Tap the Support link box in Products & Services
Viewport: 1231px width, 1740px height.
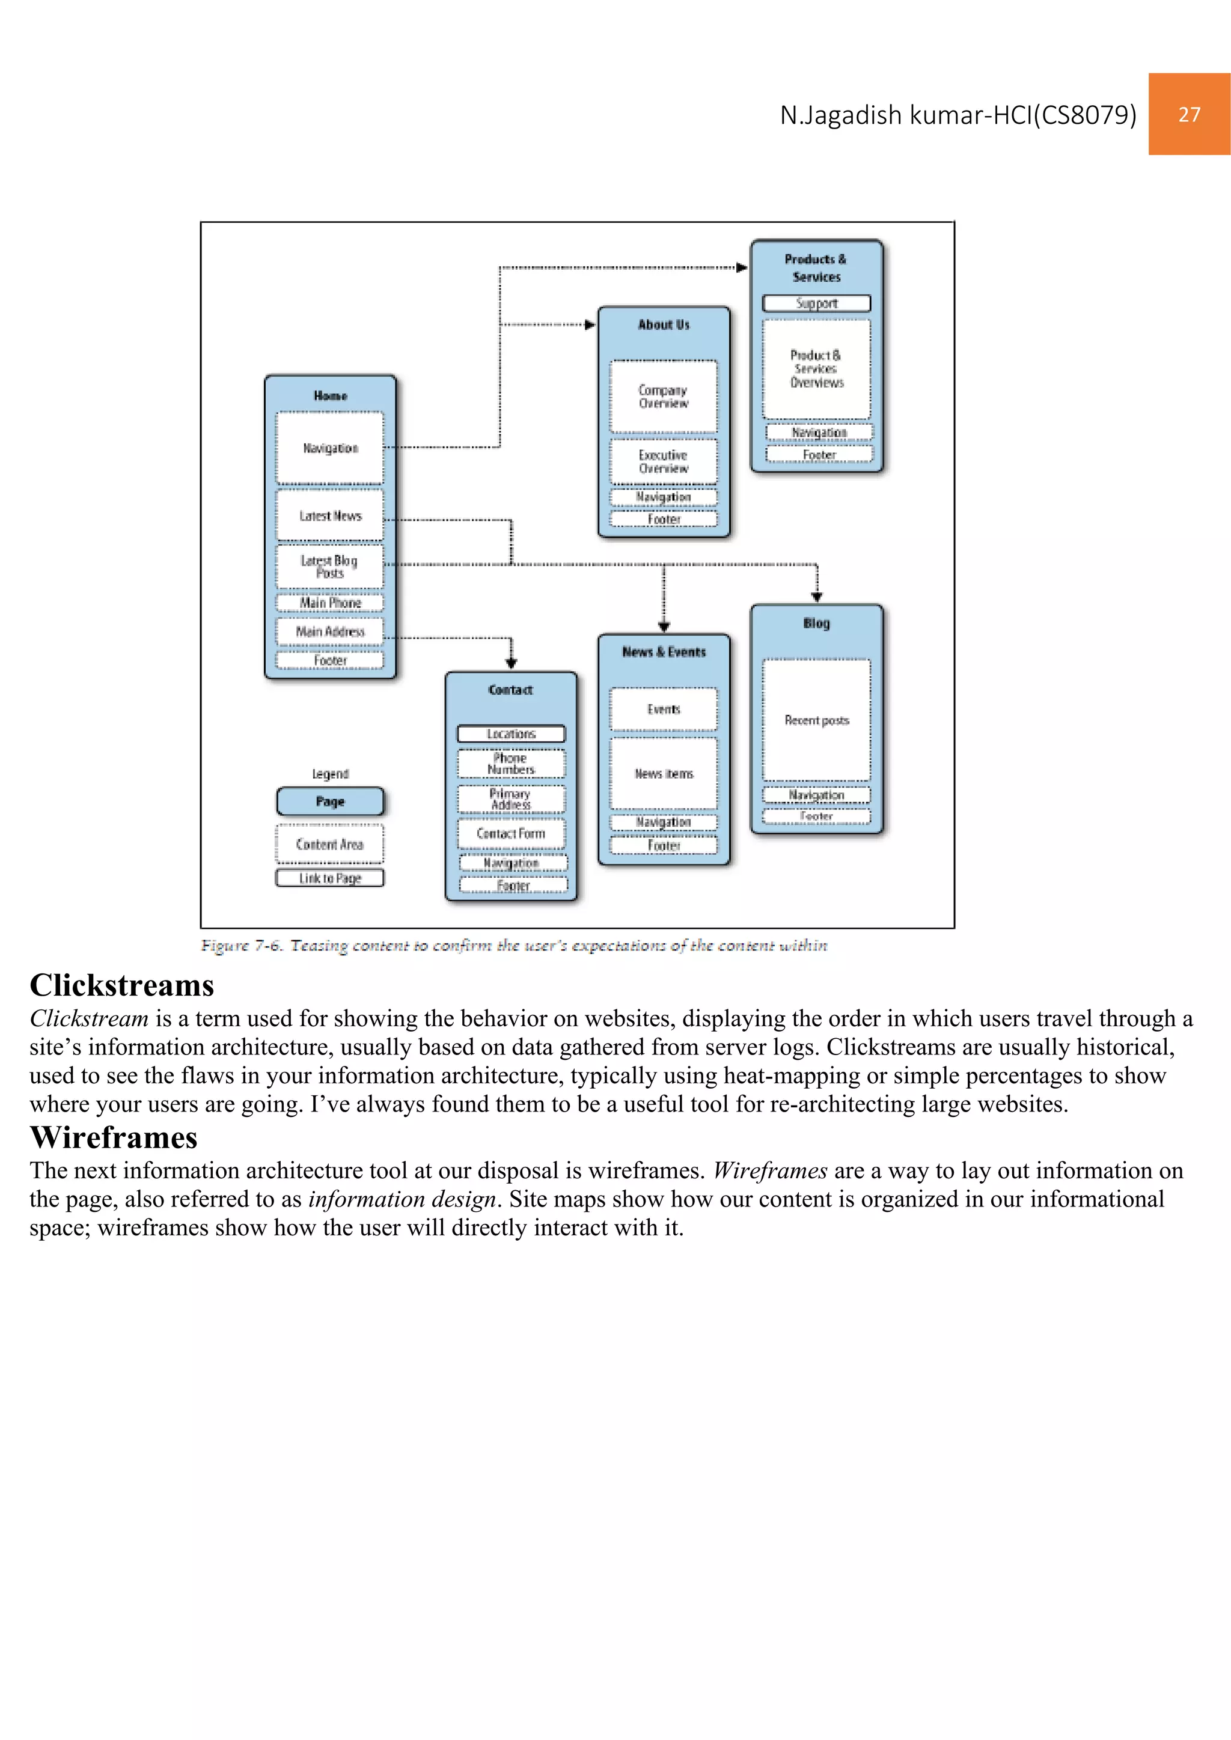pos(816,303)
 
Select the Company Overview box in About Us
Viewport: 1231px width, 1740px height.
pos(663,397)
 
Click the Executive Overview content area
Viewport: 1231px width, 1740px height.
pos(663,461)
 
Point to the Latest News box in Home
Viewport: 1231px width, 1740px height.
pos(330,516)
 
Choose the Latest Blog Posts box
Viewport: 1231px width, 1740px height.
pos(330,566)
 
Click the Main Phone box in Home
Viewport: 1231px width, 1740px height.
pos(330,603)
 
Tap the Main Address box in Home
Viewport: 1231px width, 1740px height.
pos(330,631)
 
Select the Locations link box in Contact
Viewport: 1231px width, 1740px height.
pos(511,734)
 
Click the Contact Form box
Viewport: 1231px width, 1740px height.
pos(511,833)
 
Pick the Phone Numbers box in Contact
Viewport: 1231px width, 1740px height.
pos(511,763)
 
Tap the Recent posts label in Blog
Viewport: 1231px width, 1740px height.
pos(816,720)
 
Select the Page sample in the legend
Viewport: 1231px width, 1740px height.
pos(330,801)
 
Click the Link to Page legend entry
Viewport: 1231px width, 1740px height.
pos(330,878)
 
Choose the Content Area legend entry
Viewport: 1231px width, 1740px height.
pos(330,844)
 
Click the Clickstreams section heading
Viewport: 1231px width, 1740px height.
pos(122,985)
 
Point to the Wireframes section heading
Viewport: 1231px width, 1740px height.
pos(114,1137)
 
